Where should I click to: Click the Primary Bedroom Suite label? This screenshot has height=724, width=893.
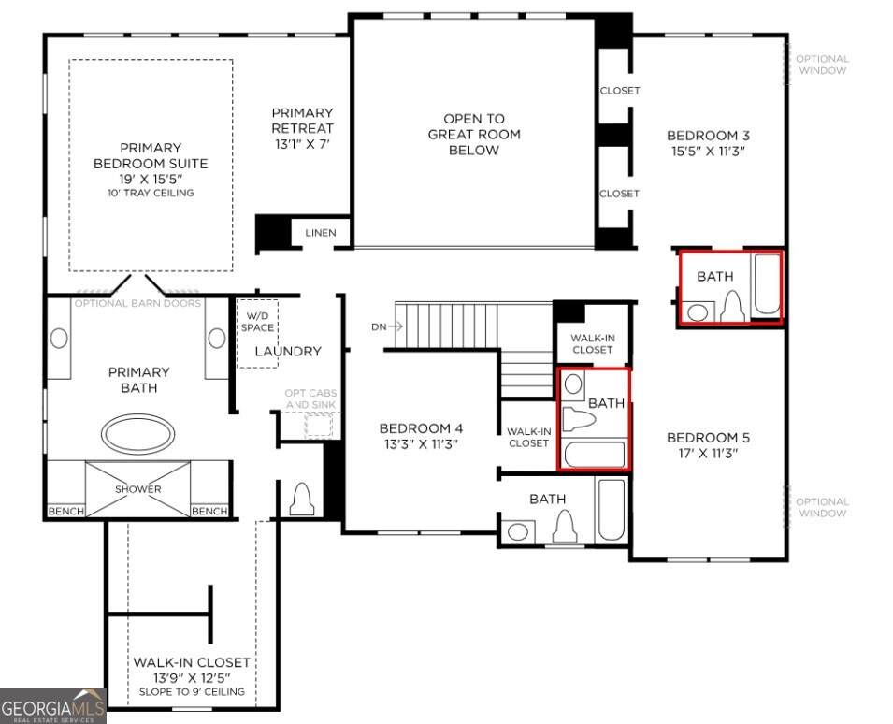[x=151, y=155]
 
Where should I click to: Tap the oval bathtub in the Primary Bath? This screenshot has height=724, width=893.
[x=137, y=434]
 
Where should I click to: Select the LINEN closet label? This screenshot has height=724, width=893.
[x=321, y=232]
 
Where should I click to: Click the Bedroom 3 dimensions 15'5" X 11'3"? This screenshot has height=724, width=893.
[x=708, y=151]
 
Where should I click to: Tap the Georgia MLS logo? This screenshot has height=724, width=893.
[x=53, y=706]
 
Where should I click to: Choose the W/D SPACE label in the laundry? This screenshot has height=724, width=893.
[x=257, y=321]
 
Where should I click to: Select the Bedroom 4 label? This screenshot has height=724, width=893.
[x=421, y=427]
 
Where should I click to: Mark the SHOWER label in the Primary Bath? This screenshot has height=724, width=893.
[x=137, y=488]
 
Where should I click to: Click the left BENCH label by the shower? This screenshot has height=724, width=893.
[x=66, y=511]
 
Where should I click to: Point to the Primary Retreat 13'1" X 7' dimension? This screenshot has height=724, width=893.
[x=302, y=144]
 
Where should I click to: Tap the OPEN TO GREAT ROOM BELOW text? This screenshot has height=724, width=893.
[x=474, y=135]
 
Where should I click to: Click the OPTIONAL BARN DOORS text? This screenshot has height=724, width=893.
[x=137, y=303]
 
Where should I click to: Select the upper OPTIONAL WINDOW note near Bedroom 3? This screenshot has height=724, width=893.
[x=822, y=65]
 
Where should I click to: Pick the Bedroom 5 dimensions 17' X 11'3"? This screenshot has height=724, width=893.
[x=708, y=454]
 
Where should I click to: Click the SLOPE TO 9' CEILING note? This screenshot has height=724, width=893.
[x=192, y=691]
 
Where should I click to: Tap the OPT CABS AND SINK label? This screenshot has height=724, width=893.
[x=310, y=398]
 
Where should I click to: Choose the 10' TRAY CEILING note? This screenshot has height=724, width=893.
[x=151, y=193]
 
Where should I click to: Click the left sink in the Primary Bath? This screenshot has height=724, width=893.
[x=59, y=338]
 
